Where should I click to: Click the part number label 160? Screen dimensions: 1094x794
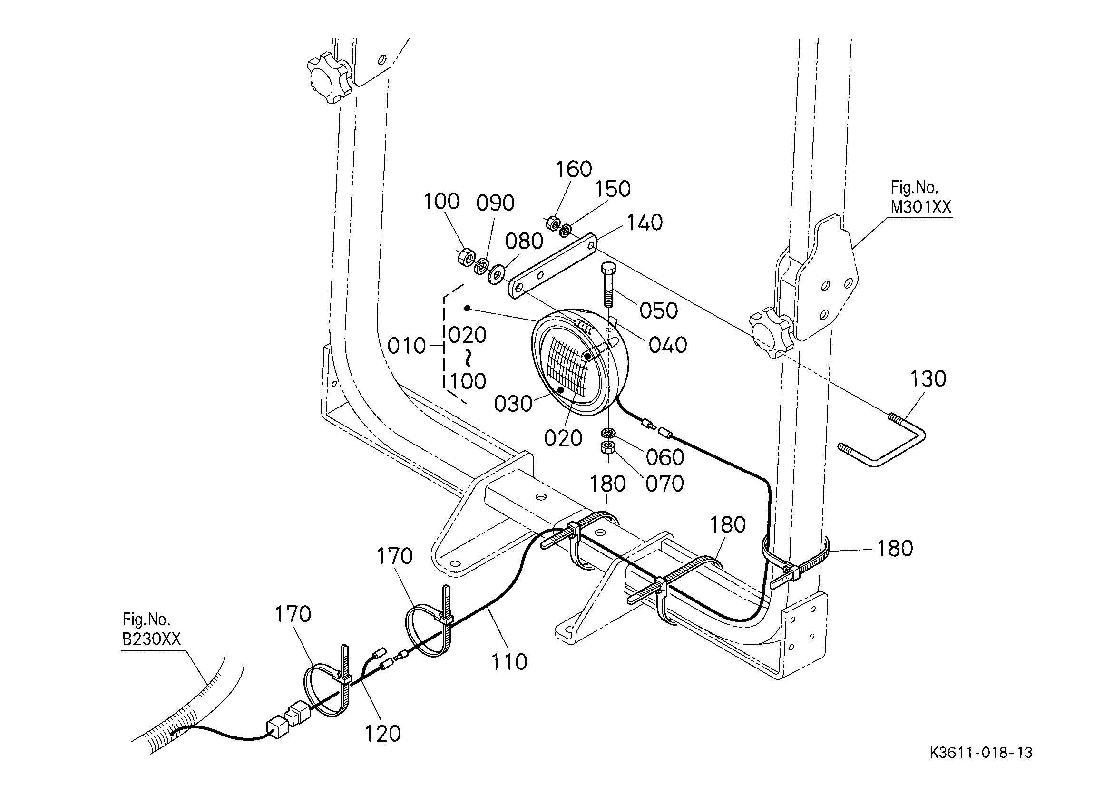(x=574, y=169)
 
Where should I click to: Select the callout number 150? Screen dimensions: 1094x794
(x=613, y=189)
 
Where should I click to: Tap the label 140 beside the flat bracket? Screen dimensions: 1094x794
(x=645, y=223)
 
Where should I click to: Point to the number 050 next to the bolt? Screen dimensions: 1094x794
(x=659, y=310)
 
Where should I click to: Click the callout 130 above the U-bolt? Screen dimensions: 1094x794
(x=928, y=379)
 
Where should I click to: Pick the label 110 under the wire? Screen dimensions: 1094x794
(x=509, y=662)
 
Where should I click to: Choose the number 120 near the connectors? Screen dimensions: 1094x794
(x=383, y=734)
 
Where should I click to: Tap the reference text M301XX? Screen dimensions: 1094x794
(x=921, y=207)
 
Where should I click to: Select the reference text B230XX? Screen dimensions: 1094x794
(x=151, y=639)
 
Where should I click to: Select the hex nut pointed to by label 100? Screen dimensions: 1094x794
(x=466, y=256)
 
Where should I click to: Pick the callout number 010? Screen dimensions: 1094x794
(x=407, y=346)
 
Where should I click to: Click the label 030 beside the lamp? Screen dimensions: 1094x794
(x=513, y=404)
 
